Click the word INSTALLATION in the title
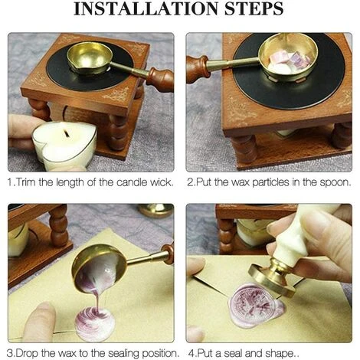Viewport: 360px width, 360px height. [146, 9]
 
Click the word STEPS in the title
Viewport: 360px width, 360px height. [254, 9]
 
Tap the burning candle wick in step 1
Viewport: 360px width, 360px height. [66, 133]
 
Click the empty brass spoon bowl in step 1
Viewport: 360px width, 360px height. [90, 58]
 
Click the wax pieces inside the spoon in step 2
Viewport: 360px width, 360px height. [286, 63]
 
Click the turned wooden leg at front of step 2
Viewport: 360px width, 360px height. [245, 149]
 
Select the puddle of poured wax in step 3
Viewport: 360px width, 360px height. [95, 324]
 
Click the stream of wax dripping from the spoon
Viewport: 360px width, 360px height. [97, 299]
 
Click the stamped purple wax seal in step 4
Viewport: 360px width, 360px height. [256, 306]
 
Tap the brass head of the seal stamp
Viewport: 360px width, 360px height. [273, 278]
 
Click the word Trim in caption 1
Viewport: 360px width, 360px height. [26, 182]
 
